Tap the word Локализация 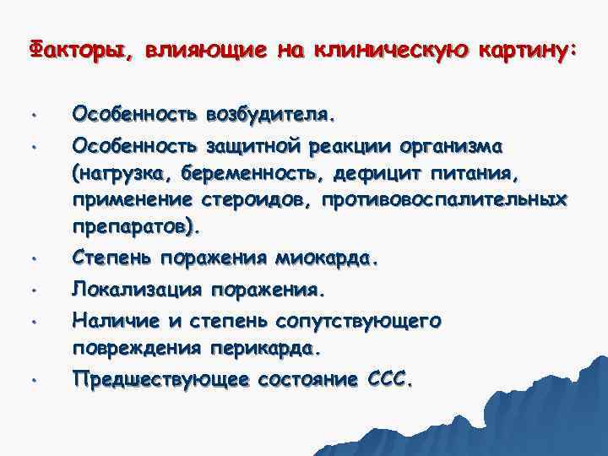(x=137, y=290)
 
